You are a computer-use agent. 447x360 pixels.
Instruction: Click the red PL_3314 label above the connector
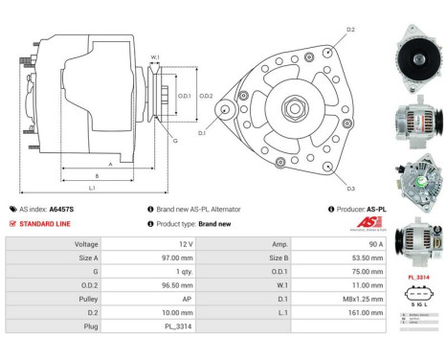417,276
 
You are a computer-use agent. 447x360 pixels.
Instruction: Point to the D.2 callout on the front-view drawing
350,31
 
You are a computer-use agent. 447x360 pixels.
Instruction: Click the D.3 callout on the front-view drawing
350,189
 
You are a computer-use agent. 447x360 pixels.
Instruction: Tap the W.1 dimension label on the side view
154,58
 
